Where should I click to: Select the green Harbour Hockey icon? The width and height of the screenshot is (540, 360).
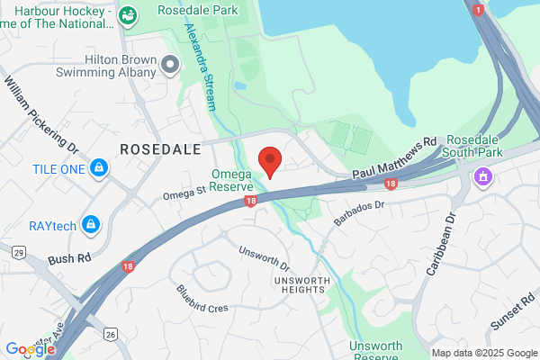tap(129, 15)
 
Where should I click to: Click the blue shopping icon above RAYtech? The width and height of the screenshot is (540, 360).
tap(90, 222)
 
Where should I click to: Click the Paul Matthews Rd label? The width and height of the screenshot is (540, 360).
tap(394, 157)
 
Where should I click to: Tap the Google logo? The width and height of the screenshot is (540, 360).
tap(29, 349)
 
